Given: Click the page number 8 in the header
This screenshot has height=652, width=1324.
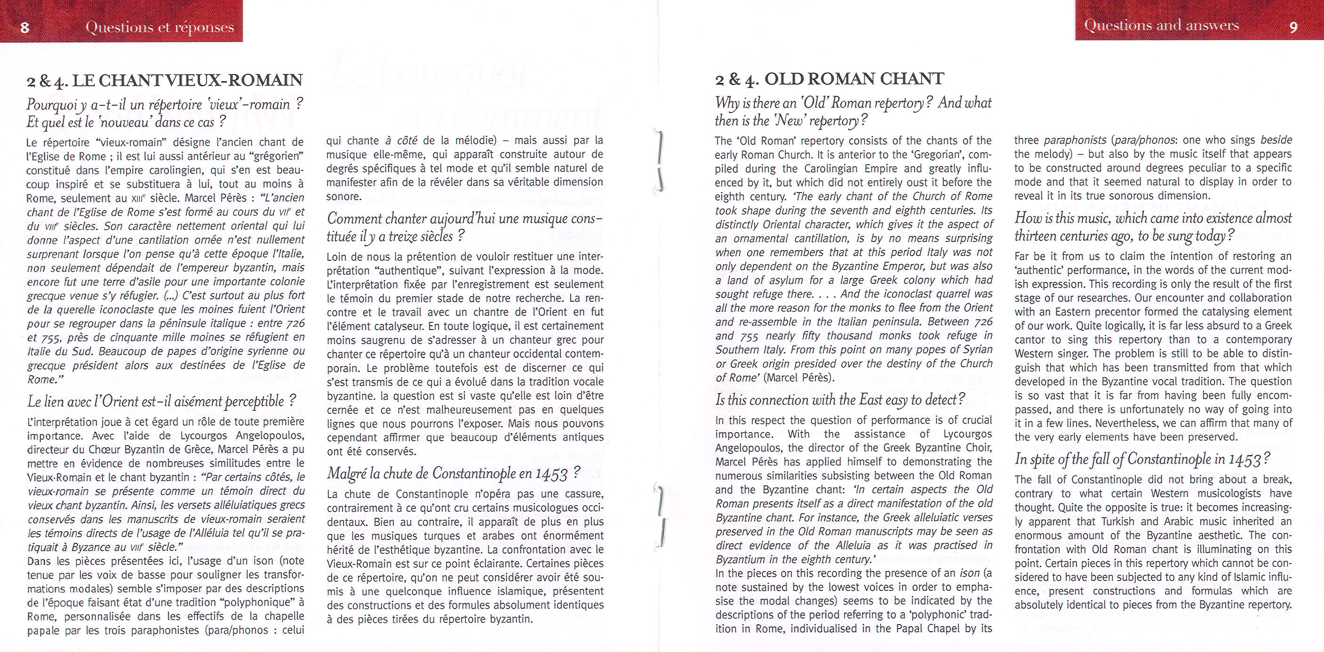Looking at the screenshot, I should tap(24, 27).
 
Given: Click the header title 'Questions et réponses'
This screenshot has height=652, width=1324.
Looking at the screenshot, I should tap(160, 27).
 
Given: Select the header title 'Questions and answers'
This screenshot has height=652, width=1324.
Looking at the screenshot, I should tap(1161, 25).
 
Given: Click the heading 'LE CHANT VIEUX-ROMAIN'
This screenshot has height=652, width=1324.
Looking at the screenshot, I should tap(188, 80).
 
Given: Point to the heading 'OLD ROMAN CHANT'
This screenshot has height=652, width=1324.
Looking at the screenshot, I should tap(853, 79).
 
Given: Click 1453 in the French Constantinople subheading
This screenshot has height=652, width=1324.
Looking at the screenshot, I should tap(551, 474).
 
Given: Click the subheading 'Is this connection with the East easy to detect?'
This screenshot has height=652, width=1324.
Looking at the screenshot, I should tap(840, 400).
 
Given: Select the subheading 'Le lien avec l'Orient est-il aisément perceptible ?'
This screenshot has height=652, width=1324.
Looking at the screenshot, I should tap(161, 401).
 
